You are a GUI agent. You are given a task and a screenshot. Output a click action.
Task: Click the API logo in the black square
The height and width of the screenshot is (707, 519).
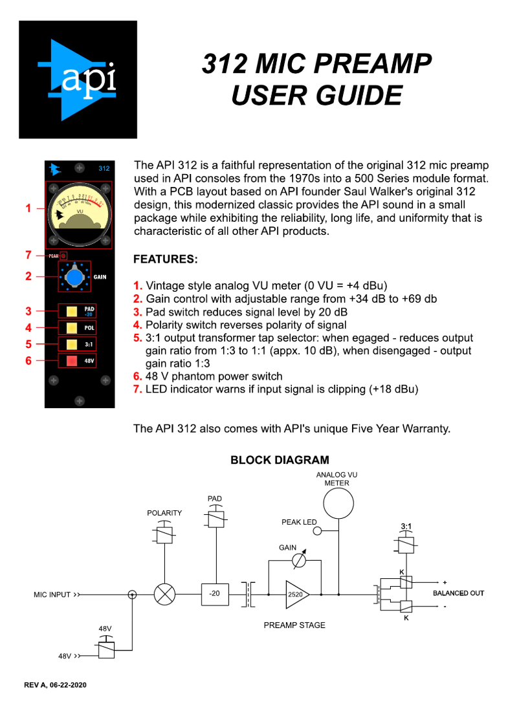click(78, 80)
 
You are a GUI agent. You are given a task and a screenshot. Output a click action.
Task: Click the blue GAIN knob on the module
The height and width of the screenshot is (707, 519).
click(77, 277)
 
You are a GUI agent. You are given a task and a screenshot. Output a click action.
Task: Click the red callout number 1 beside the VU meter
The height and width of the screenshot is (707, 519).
click(28, 208)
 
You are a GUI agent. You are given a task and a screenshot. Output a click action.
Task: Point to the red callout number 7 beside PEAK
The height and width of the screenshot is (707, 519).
click(28, 255)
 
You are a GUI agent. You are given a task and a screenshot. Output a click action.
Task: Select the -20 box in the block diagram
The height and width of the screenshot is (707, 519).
click(214, 594)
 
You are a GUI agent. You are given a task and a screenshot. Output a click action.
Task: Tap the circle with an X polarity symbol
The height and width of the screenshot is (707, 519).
click(164, 594)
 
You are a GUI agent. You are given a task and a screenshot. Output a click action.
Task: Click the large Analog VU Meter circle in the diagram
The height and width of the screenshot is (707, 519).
click(338, 504)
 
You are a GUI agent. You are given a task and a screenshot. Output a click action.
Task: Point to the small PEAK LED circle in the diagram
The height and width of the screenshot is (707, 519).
click(317, 531)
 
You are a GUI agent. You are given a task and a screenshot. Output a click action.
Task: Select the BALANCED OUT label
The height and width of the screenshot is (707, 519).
click(458, 593)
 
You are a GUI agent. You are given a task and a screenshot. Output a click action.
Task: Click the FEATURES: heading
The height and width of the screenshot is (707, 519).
click(165, 259)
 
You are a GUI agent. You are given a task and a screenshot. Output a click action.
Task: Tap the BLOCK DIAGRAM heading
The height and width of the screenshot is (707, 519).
click(280, 461)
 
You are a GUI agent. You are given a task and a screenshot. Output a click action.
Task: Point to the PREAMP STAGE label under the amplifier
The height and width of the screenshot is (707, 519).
click(294, 625)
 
